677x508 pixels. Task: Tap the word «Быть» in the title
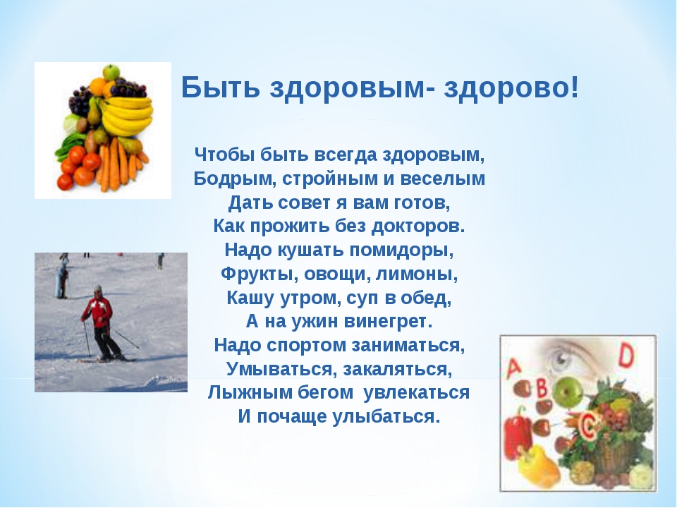click(x=221, y=87)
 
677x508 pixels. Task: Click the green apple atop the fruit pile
click(x=111, y=71)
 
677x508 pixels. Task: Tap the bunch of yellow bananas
click(x=126, y=116)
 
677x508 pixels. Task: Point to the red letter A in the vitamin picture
click(x=514, y=367)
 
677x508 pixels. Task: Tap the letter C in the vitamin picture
click(x=587, y=425)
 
